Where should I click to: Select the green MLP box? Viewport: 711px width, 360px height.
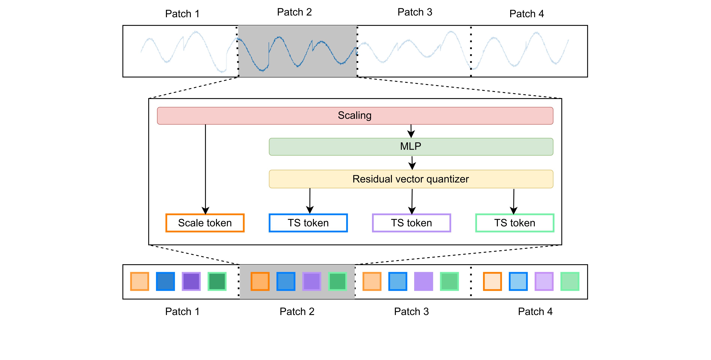click(411, 147)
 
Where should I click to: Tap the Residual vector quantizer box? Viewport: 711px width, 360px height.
click(411, 179)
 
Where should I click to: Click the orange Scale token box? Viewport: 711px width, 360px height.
click(205, 223)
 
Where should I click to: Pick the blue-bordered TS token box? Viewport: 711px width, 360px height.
click(308, 223)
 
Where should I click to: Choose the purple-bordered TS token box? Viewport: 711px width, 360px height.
click(411, 223)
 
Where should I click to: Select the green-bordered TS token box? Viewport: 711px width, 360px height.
click(514, 223)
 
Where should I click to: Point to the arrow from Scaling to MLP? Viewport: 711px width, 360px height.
click(411, 131)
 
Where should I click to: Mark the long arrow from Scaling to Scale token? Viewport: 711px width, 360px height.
click(205, 168)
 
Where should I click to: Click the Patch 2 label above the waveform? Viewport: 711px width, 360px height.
click(294, 12)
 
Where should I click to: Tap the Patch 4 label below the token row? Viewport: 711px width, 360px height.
click(535, 311)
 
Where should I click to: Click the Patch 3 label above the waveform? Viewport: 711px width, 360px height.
click(415, 12)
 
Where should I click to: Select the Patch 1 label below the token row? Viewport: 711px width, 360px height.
click(182, 311)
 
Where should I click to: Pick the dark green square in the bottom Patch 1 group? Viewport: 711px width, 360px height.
click(217, 281)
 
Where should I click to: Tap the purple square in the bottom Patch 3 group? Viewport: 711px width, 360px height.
click(423, 281)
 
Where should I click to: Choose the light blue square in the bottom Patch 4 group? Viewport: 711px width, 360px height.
click(518, 281)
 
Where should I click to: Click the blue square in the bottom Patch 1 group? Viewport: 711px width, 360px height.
click(165, 281)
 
